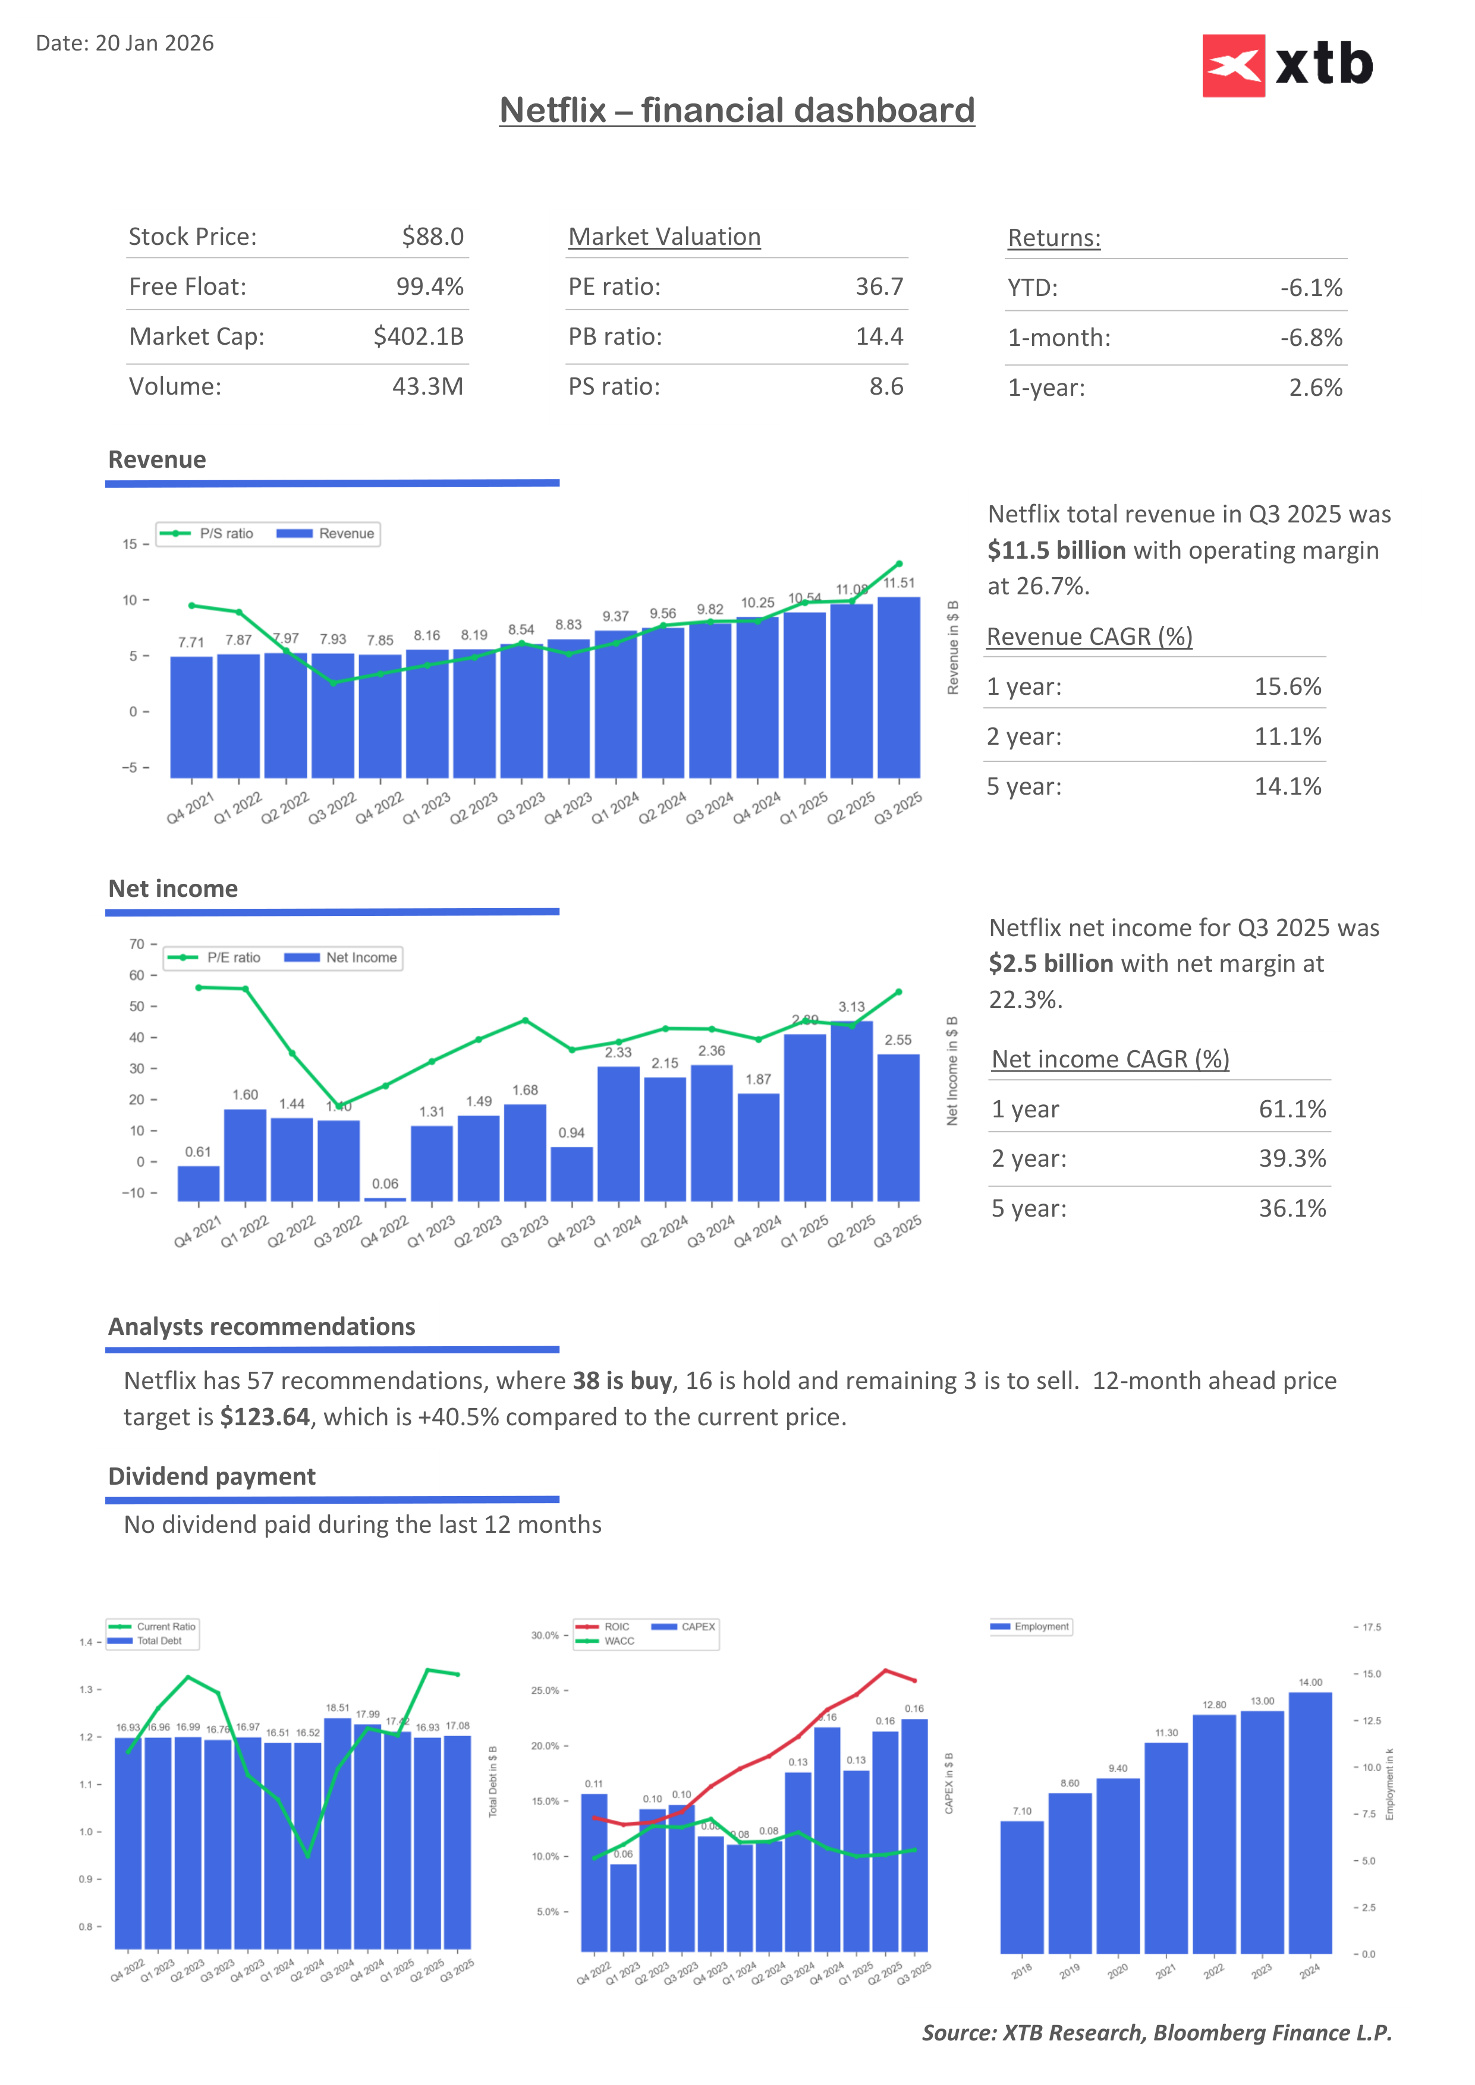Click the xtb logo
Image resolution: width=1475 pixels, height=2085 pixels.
coord(1287,65)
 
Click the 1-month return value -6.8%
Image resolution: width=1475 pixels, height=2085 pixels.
coord(1310,338)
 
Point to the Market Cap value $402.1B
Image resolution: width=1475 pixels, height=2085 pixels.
coord(418,337)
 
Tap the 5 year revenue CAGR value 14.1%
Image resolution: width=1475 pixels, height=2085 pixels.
coord(1287,786)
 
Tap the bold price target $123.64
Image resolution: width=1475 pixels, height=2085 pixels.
coord(265,1418)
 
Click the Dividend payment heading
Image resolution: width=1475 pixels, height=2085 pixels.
coord(212,1476)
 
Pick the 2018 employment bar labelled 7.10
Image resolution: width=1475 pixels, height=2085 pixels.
coord(1022,1887)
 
